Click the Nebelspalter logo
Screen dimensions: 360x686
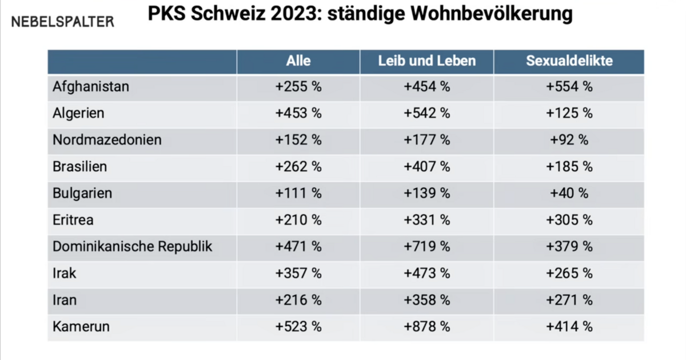coord(63,22)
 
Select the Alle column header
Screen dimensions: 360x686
coord(298,61)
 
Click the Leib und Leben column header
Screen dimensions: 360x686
coord(426,61)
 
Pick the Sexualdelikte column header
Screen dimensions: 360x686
coord(569,61)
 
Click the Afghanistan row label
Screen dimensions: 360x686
coord(91,87)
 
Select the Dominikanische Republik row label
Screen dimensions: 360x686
coord(133,246)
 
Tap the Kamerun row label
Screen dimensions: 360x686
coord(81,327)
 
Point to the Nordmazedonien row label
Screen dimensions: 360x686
coord(107,140)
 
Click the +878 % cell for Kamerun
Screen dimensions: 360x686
coord(426,327)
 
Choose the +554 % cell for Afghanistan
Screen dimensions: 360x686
coord(569,87)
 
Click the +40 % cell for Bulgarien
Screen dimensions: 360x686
coord(569,193)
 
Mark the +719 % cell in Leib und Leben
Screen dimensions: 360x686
coord(426,246)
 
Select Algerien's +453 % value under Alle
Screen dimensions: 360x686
coord(298,113)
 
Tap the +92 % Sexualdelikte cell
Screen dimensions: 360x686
coord(569,140)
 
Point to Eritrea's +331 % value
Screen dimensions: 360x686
coord(426,220)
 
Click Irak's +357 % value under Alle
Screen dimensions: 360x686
coord(298,273)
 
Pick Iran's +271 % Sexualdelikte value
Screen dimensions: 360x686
coord(569,300)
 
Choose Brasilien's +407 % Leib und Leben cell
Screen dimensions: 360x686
coord(426,167)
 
